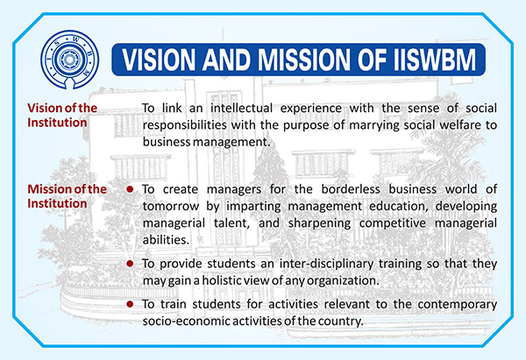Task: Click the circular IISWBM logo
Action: [x=70, y=60]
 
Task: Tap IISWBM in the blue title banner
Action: [x=435, y=60]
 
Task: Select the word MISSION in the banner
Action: [x=304, y=60]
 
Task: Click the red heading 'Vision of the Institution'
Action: [x=62, y=115]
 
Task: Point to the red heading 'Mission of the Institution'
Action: [x=67, y=196]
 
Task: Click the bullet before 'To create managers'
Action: [x=130, y=189]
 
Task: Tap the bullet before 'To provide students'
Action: [x=130, y=264]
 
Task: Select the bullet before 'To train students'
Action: [x=130, y=304]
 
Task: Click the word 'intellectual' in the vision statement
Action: [x=242, y=109]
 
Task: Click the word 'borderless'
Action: [x=351, y=189]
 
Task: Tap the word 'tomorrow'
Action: [x=171, y=206]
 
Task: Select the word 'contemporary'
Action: [x=458, y=305]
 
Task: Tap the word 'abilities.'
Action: [x=166, y=240]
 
